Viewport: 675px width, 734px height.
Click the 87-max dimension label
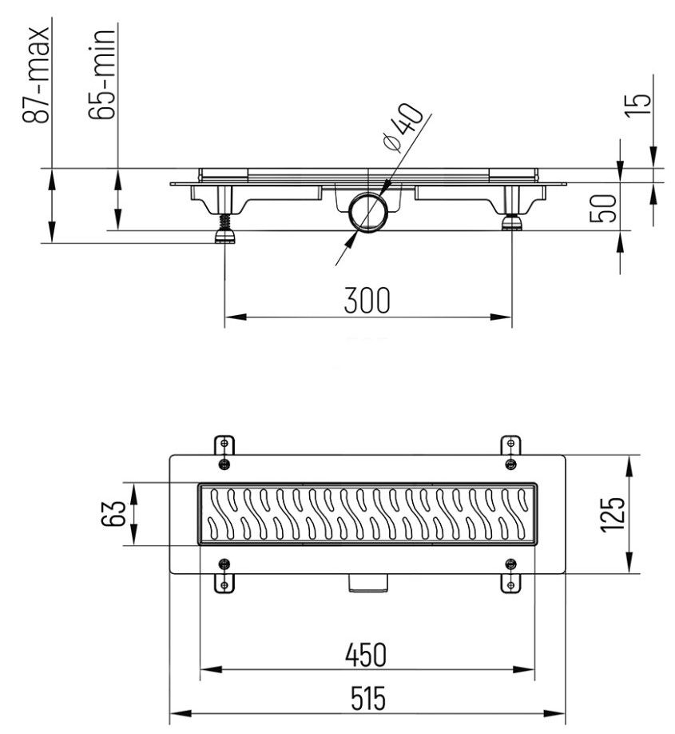coord(37,74)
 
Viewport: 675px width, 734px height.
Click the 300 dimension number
coord(367,301)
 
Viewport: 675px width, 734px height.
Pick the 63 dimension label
coord(114,513)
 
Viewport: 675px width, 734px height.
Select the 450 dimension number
coord(367,654)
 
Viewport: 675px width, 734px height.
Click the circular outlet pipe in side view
coord(368,212)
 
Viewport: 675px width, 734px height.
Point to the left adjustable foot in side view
coord(223,226)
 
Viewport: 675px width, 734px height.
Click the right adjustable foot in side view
coord(511,220)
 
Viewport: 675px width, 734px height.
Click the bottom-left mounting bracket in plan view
coord(224,575)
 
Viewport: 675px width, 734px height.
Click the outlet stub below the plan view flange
coord(367,584)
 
